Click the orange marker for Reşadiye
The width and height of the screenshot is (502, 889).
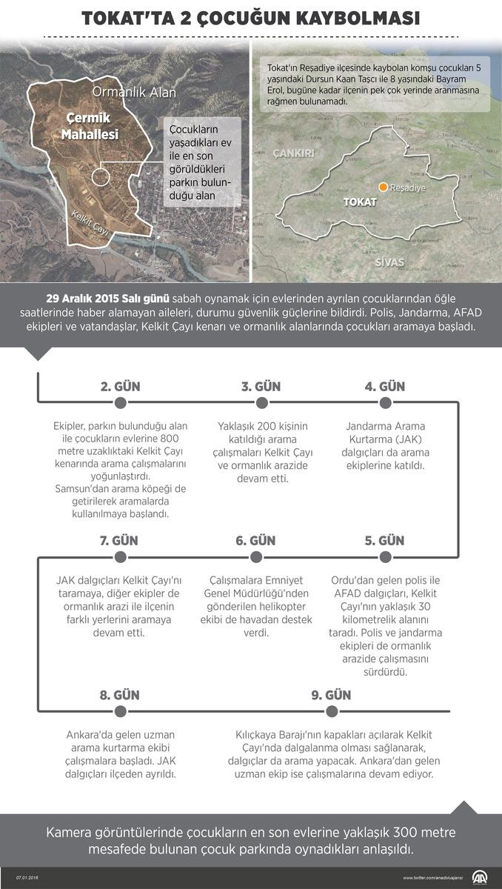point(384,187)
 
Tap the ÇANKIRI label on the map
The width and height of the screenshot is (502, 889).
point(294,153)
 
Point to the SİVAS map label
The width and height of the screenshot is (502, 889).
point(389,263)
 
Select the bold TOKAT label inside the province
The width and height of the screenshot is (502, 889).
point(361,202)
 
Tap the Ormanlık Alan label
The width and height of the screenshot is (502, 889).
point(134,92)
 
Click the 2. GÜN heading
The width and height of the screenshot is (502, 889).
point(120,387)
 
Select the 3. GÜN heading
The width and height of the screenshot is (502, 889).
point(261,387)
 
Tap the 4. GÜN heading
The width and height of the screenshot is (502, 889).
point(384,387)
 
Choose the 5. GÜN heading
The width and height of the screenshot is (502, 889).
point(384,541)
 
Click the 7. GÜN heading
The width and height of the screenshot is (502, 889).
point(118,541)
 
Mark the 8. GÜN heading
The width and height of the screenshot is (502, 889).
point(119,695)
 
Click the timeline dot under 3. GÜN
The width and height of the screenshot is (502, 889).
point(261,402)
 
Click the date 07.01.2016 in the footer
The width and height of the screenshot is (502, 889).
point(27,877)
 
